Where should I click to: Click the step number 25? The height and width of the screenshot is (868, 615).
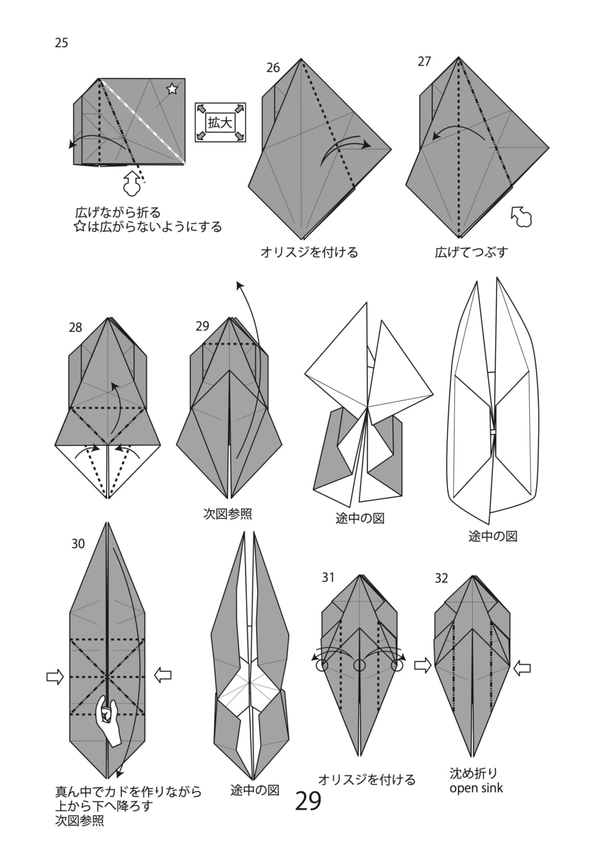point(61,43)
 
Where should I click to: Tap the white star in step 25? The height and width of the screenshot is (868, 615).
point(172,89)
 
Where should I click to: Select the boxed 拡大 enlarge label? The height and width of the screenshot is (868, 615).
point(220,123)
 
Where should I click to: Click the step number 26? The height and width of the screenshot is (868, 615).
point(273,68)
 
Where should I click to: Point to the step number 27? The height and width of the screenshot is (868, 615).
point(424,61)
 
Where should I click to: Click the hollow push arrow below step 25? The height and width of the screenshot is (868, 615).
point(132,183)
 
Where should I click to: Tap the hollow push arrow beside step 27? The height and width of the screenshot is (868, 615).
point(522,216)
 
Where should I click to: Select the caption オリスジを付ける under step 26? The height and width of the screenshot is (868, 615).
point(309,252)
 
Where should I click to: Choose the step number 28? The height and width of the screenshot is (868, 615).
point(76,328)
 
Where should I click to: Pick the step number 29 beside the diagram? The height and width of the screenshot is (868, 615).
point(202,326)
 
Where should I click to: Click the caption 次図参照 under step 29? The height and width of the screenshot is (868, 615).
point(228,514)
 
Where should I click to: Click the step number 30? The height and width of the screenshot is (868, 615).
point(78,544)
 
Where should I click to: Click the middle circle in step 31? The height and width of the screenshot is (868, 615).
point(360,665)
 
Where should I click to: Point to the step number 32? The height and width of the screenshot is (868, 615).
point(441,579)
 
